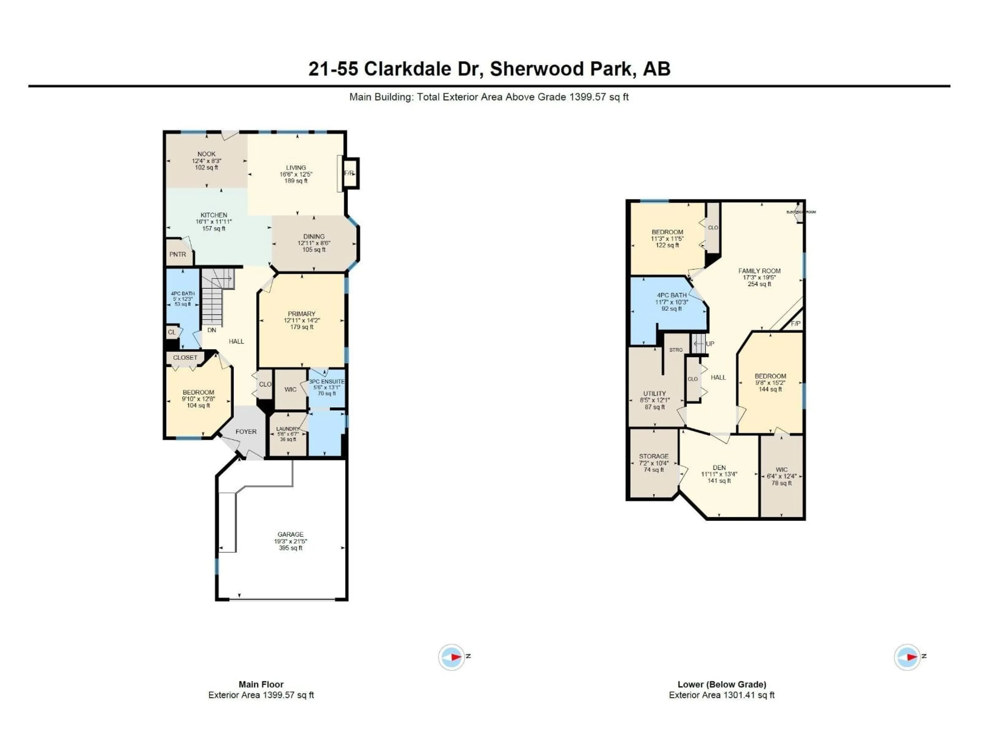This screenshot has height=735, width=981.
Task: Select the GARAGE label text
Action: click(x=290, y=534)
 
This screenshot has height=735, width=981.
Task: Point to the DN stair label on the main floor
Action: click(x=212, y=330)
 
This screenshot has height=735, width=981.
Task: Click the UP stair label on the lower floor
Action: click(x=710, y=344)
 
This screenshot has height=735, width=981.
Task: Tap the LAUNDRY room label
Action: click(x=288, y=429)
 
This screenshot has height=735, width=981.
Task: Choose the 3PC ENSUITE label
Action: click(x=326, y=382)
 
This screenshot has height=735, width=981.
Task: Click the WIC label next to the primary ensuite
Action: click(x=290, y=389)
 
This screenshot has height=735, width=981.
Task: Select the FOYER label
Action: click(x=246, y=432)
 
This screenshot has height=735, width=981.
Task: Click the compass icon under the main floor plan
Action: click(x=451, y=657)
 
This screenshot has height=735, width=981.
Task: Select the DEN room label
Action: click(x=719, y=467)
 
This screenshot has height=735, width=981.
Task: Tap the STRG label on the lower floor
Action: click(x=676, y=350)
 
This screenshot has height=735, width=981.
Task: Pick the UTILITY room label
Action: click(x=655, y=394)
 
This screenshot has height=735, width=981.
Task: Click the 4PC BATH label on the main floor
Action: click(x=183, y=293)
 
